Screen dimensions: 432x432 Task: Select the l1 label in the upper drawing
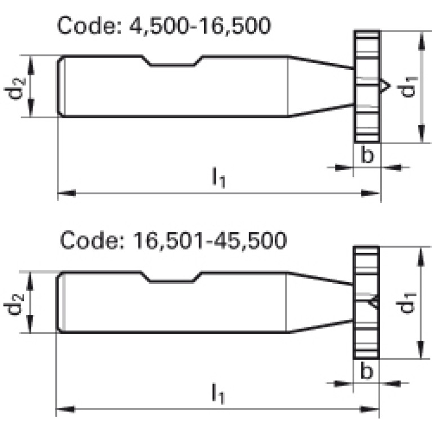tap(219, 177)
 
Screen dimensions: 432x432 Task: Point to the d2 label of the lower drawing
tap(14, 304)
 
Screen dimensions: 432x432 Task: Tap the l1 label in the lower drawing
tap(218, 394)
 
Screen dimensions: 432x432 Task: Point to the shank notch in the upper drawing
tap(173, 61)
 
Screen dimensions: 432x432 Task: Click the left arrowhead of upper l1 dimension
tap(66, 193)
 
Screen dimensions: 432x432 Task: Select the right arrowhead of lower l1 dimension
tap(369, 409)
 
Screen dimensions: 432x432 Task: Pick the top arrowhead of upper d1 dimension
tap(421, 41)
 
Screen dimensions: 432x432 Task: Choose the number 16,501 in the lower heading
tap(168, 241)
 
